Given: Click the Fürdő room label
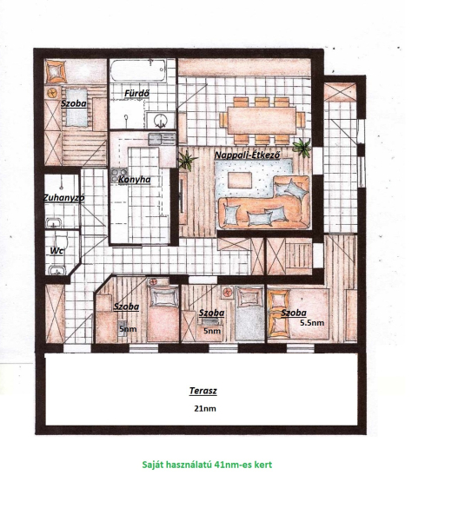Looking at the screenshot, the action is pyautogui.click(x=136, y=94).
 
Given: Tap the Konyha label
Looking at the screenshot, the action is pyautogui.click(x=135, y=180).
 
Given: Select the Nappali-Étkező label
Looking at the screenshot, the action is pyautogui.click(x=247, y=155).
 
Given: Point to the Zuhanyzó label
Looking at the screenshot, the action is pyautogui.click(x=63, y=198).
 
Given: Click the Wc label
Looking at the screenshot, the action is pyautogui.click(x=56, y=251).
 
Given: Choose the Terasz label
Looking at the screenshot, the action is pyautogui.click(x=203, y=391).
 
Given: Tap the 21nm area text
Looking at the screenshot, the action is pyautogui.click(x=205, y=408).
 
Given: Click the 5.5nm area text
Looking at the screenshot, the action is pyautogui.click(x=312, y=323).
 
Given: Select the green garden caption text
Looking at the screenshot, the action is pyautogui.click(x=207, y=465).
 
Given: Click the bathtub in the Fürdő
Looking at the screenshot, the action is pyautogui.click(x=138, y=70).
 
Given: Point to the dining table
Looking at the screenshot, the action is pyautogui.click(x=262, y=120).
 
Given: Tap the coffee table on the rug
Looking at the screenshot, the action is pyautogui.click(x=240, y=180).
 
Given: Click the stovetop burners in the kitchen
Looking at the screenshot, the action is pyautogui.click(x=119, y=174).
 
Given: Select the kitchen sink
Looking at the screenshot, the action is pyautogui.click(x=162, y=139).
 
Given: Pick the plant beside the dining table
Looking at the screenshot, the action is pyautogui.click(x=302, y=147).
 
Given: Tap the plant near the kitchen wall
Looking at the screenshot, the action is pyautogui.click(x=187, y=161).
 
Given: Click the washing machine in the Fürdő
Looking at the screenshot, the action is pyautogui.click(x=160, y=120).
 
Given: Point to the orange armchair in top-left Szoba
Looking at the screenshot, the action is pyautogui.click(x=56, y=71).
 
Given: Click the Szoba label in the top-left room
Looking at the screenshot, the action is pyautogui.click(x=74, y=103).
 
